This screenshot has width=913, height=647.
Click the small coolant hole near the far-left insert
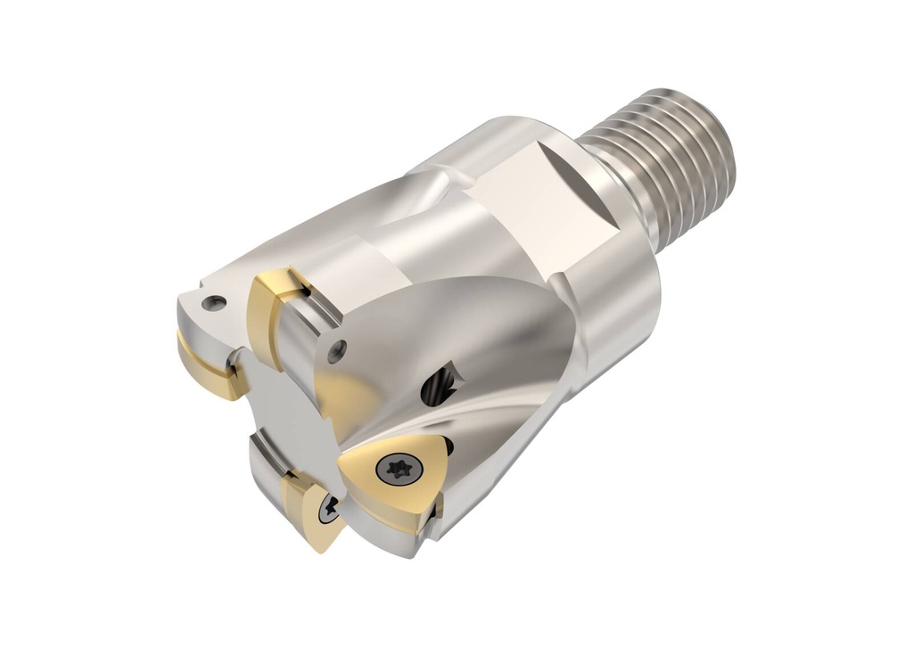211,303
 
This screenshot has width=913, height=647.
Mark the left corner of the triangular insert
343,463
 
